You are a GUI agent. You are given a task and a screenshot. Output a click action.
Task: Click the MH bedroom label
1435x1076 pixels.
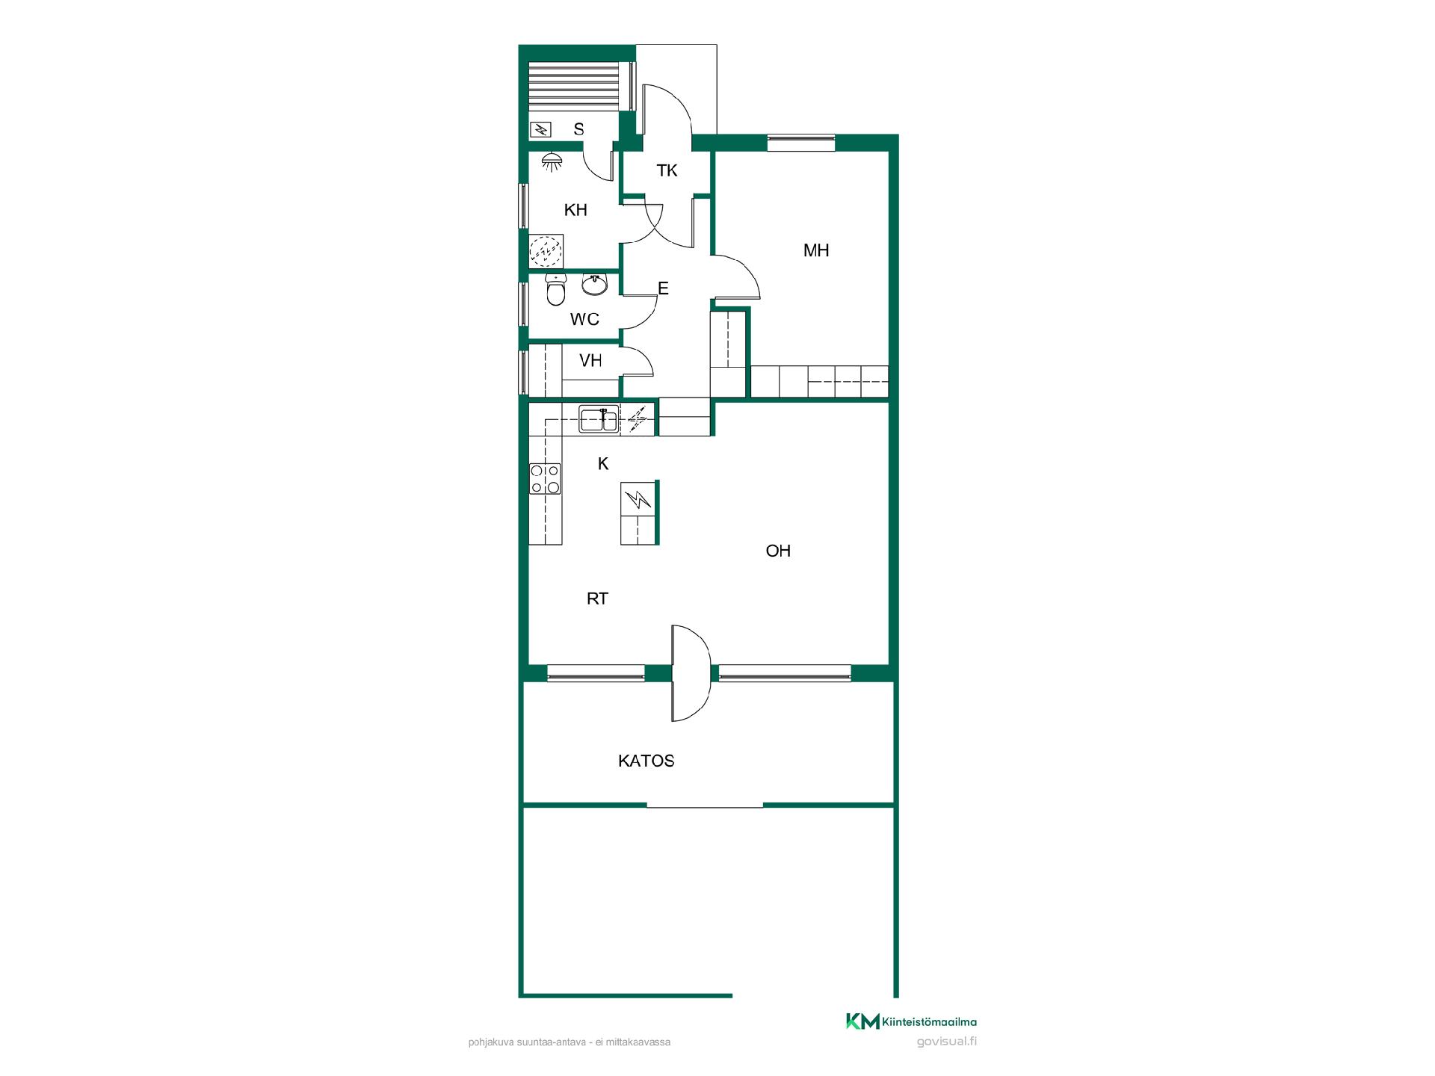tap(816, 250)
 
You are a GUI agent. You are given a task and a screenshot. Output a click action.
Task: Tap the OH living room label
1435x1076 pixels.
tap(778, 551)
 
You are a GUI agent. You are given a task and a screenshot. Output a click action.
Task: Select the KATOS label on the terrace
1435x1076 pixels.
tap(646, 761)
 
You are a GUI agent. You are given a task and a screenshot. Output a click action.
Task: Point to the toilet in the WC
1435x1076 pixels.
tap(555, 290)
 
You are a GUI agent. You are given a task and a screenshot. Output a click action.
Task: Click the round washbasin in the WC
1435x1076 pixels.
tap(595, 284)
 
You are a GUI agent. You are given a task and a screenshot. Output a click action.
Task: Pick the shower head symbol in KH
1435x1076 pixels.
tap(552, 161)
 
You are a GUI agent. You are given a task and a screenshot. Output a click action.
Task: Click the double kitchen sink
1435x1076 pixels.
tap(599, 420)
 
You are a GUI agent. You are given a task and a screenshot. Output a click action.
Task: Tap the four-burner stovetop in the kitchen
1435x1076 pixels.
tap(545, 478)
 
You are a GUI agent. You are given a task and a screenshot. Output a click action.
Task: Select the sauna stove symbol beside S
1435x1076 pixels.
tap(540, 130)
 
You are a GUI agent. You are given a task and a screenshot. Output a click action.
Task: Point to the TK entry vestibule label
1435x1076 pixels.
tap(667, 170)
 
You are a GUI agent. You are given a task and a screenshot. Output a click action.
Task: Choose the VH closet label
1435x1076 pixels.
tap(590, 361)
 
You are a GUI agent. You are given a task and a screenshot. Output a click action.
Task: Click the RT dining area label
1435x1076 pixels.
tap(597, 599)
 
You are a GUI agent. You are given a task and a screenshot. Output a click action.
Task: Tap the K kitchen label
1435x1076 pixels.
tap(603, 464)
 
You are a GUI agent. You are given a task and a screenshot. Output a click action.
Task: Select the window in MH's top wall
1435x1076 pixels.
tap(800, 142)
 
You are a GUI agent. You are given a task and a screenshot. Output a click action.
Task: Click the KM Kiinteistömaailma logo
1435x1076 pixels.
tap(911, 1021)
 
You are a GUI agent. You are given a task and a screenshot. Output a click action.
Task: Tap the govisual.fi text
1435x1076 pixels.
tap(946, 1042)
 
